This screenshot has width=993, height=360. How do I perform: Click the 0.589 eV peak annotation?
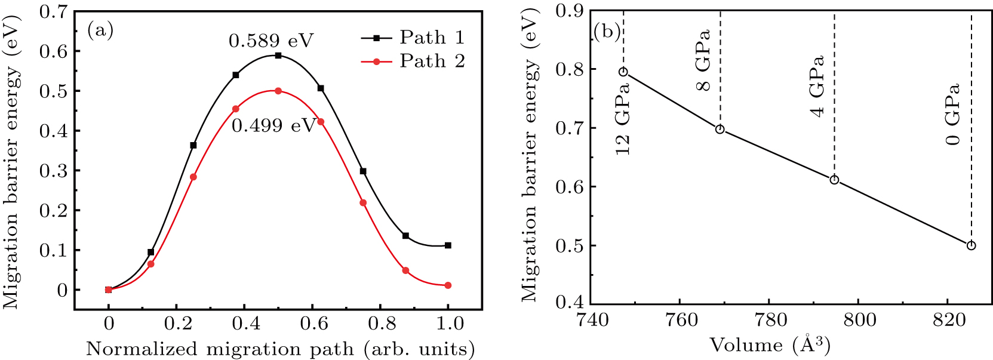[271, 41]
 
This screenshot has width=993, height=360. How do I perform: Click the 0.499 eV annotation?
[273, 126]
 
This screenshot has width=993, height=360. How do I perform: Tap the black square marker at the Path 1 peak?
[278, 56]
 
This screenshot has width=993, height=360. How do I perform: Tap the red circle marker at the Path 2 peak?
[278, 91]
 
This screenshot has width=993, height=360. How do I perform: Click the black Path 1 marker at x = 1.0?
[448, 245]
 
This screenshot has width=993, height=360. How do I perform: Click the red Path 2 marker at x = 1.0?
[448, 285]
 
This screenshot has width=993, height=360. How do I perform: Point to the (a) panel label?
[100, 30]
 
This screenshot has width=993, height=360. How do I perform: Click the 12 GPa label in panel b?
[623, 118]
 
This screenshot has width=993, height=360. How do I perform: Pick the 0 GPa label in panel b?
[953, 114]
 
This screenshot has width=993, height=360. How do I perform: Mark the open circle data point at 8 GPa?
[720, 130]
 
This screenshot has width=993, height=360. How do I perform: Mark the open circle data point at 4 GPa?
[834, 180]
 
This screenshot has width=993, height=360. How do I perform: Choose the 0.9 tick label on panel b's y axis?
[571, 11]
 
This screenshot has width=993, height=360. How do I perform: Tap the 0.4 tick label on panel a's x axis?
[245, 324]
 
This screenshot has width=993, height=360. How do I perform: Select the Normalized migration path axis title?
[280, 349]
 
